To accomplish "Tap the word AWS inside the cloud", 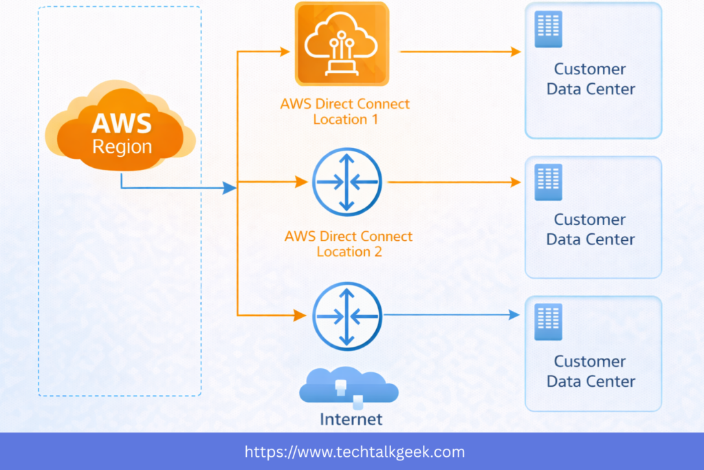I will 122,124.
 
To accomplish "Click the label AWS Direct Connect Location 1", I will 344,111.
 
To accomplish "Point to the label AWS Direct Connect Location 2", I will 348,244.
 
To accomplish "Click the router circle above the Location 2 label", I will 346,182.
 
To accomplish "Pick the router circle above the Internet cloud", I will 346,315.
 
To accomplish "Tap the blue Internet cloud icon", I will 349,387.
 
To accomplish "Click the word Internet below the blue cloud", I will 351,418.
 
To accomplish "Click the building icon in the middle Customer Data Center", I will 548,182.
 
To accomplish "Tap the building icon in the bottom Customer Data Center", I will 548,321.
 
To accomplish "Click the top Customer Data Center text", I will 591,79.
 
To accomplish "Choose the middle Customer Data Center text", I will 591,229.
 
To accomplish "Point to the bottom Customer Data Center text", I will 591,371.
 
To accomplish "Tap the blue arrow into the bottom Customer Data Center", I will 451,314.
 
